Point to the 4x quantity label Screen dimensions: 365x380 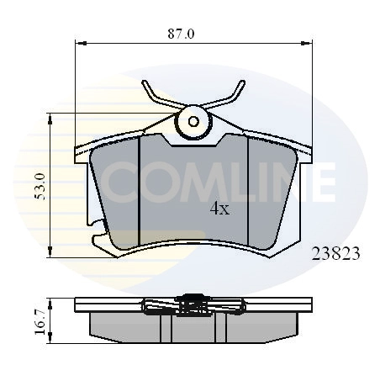click(219, 209)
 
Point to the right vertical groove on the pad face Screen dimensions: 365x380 click(249, 193)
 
